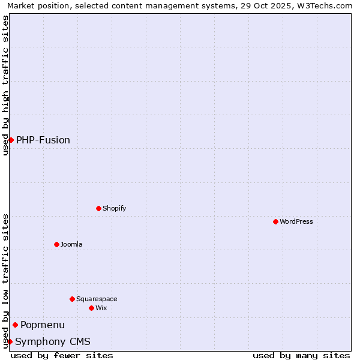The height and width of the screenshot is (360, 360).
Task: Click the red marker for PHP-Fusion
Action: point(11,140)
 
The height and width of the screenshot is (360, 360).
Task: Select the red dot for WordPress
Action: point(275,221)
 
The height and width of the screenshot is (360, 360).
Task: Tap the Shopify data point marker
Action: point(98,208)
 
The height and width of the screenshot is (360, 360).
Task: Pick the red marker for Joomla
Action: point(56,244)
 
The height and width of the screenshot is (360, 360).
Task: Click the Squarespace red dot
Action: point(72,299)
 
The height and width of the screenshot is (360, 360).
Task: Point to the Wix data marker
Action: point(91,308)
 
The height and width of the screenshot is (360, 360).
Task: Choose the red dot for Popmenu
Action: point(15,325)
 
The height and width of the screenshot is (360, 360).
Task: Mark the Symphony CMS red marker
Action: point(10,341)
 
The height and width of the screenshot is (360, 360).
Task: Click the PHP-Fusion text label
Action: point(43,140)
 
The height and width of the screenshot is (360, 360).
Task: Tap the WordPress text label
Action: point(296,221)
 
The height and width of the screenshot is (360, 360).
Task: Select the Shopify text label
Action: point(114,208)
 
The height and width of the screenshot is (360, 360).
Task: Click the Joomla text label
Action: point(71,244)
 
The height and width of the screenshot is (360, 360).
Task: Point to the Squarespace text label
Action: point(97,299)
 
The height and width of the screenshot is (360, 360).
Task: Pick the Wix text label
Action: point(101,308)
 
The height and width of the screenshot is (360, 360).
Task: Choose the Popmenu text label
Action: point(43,325)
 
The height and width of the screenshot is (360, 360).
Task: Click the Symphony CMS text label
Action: point(53,341)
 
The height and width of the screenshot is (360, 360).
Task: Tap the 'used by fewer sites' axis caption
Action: point(62,355)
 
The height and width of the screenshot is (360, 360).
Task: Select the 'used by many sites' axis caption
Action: point(301,355)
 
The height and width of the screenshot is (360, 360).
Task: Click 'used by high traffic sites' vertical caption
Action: point(5,85)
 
